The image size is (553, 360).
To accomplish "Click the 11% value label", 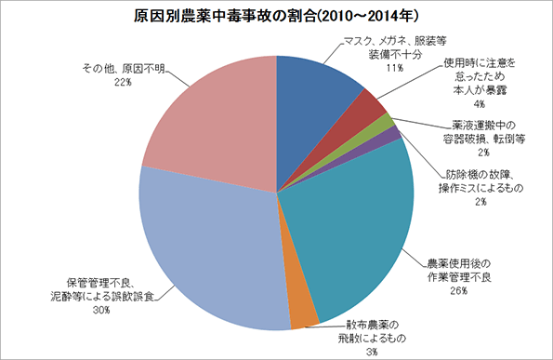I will click(393, 68).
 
